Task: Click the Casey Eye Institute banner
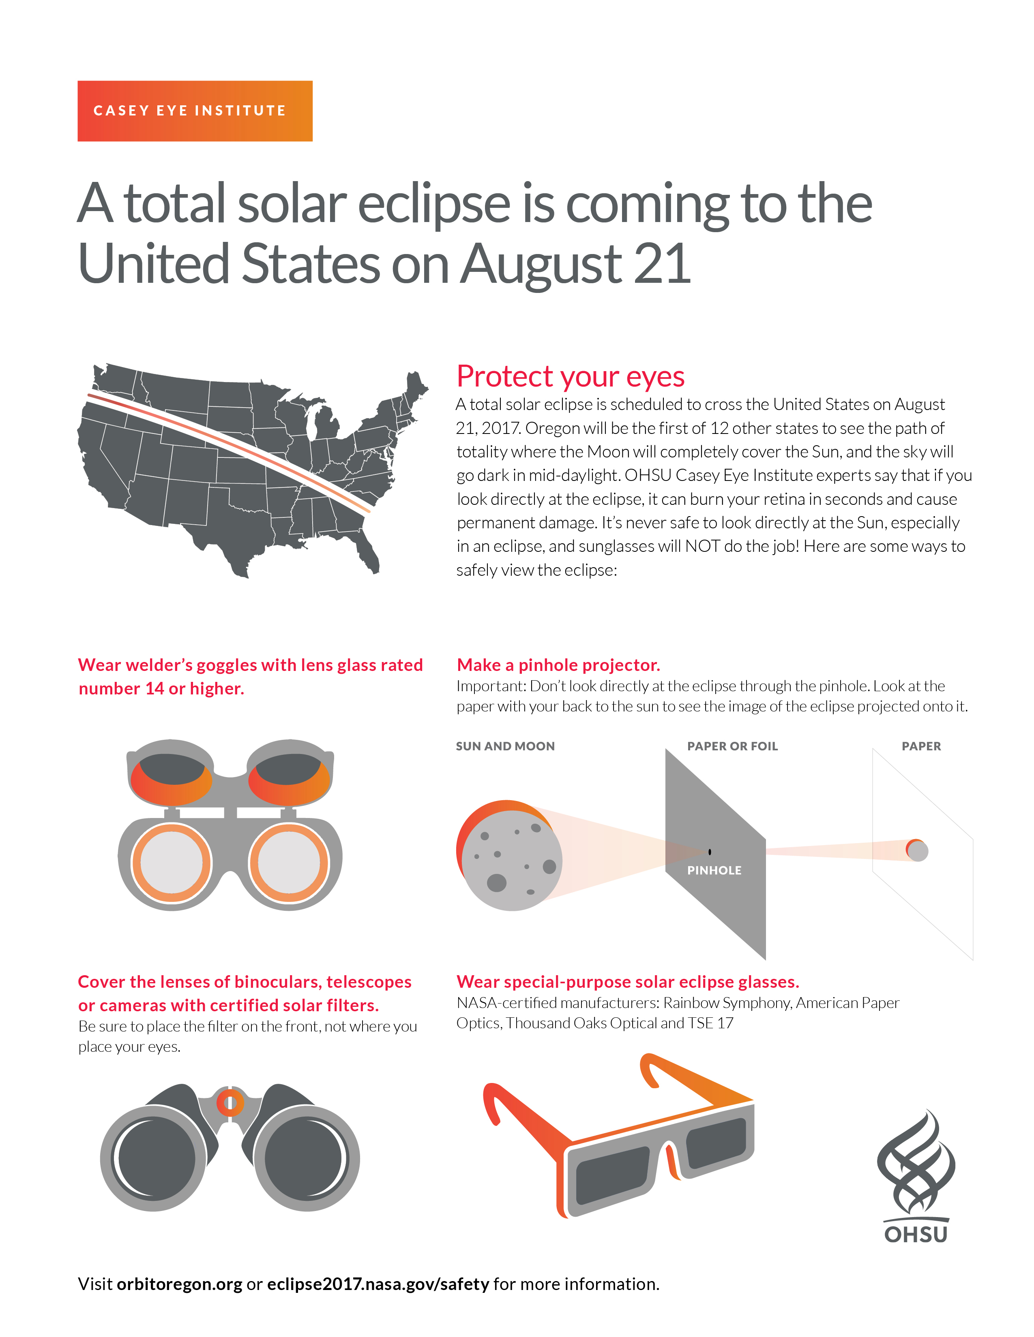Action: pos(195,111)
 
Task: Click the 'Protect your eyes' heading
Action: pos(570,376)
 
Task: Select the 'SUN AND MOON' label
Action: pos(505,746)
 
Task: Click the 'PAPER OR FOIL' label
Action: pos(732,746)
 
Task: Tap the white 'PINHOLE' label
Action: pos(714,871)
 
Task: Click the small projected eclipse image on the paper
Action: pos(917,850)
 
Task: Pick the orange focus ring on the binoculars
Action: pos(230,1103)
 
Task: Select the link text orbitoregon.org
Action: pos(180,1284)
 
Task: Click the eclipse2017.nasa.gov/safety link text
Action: pos(378,1284)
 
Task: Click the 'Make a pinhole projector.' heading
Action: pos(559,665)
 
